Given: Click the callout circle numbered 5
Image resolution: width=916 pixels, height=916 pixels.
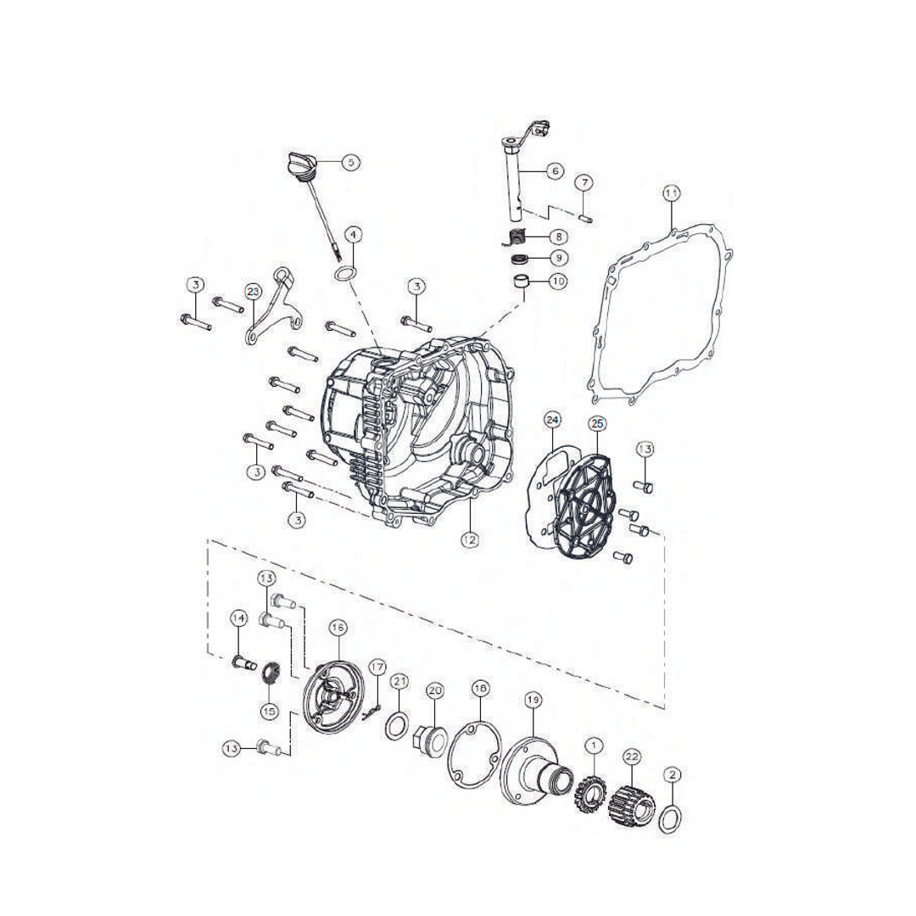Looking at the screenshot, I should pos(351,161).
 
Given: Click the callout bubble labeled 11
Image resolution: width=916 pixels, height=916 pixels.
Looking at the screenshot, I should pos(671,194).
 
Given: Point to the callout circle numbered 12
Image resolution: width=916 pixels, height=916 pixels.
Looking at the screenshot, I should pos(469,539).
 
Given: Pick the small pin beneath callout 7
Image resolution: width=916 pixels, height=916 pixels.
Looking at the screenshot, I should pos(585,215).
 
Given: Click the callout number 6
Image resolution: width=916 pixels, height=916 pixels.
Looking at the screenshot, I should pos(556,170).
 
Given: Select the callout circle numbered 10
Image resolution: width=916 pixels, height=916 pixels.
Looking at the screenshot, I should pos(558,281).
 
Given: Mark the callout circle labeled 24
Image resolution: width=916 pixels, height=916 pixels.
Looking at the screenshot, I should pos(552,420).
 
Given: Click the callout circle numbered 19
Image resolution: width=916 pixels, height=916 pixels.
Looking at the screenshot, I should pos(533,700).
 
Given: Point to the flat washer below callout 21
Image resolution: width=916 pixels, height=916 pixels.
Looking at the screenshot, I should pos(394,727).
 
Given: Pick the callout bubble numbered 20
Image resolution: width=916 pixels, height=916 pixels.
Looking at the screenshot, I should pos(435,690).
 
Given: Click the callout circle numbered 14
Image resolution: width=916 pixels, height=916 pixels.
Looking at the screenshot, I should pos(238,619).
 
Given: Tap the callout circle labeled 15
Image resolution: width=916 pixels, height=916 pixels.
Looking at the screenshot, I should pos(269,711).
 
